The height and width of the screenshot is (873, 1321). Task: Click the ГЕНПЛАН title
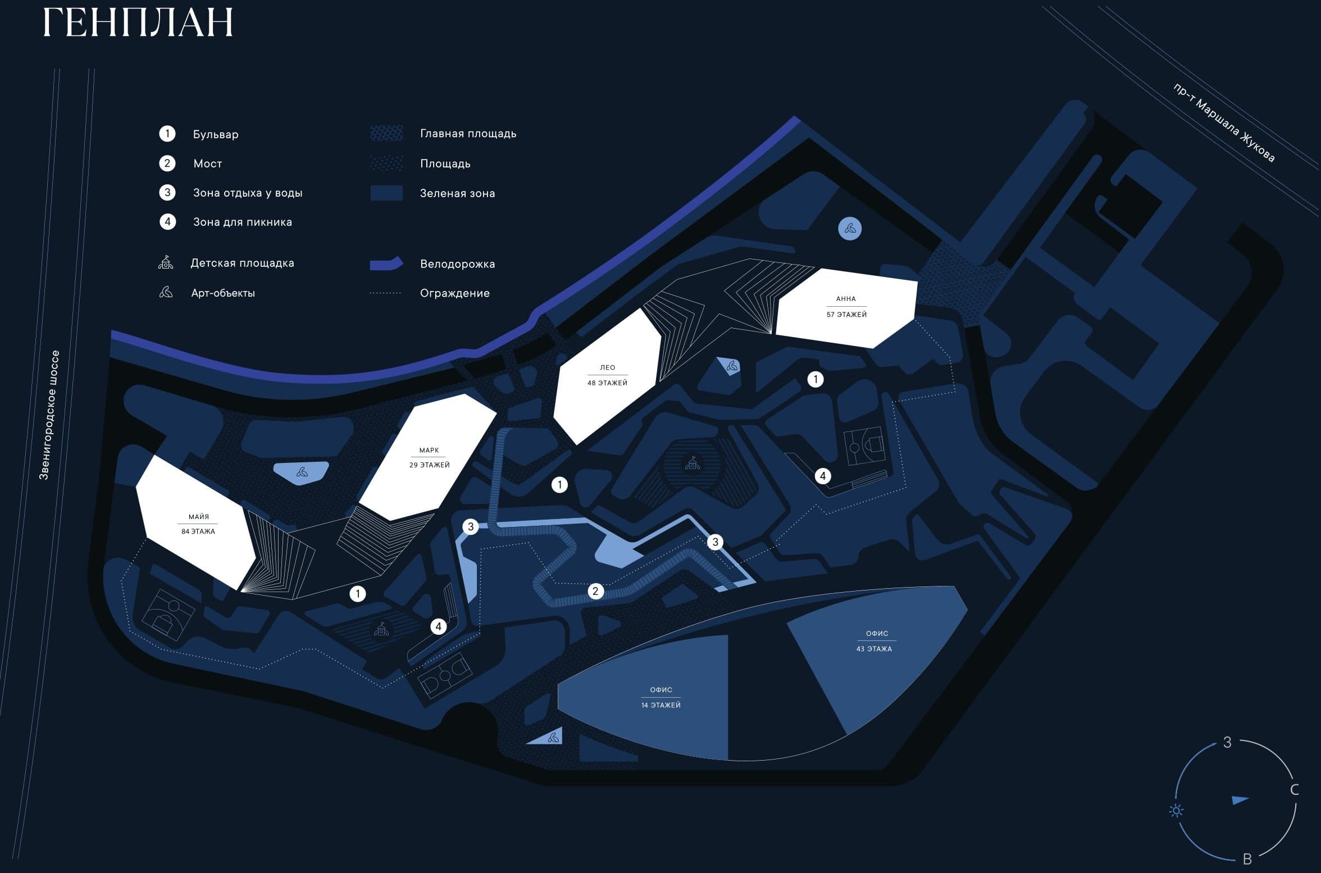click(x=138, y=22)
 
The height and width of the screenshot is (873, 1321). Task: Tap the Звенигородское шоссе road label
click(x=49, y=415)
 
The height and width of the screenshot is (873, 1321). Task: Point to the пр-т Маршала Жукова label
click(x=1223, y=123)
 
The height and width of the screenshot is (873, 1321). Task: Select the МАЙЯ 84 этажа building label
click(x=198, y=524)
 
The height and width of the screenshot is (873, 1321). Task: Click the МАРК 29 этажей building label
click(x=430, y=457)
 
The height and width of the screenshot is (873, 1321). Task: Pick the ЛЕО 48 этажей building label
click(x=607, y=375)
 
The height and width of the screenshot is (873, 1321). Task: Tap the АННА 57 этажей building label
click(x=846, y=306)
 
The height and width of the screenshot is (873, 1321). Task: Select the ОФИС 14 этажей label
click(x=661, y=697)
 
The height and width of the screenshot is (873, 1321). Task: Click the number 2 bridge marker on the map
click(x=595, y=591)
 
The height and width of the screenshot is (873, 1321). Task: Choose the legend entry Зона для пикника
click(x=242, y=222)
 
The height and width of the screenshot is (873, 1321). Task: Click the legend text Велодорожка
click(x=457, y=263)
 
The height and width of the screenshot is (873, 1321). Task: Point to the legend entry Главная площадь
click(x=468, y=134)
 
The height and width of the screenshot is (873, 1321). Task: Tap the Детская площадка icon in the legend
click(x=166, y=262)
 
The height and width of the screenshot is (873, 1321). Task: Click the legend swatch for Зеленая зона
click(x=386, y=193)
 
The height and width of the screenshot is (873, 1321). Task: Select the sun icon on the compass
click(x=1176, y=811)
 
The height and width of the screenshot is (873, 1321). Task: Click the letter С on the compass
click(x=1295, y=790)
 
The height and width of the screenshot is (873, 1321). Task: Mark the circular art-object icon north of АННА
click(x=850, y=229)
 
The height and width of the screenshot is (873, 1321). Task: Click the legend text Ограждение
click(x=454, y=293)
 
